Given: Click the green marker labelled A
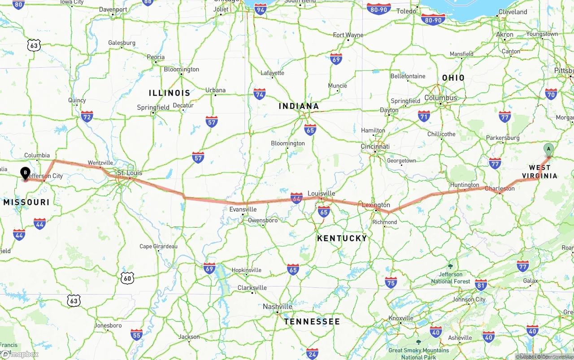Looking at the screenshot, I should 548,149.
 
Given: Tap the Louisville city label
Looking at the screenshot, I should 321,193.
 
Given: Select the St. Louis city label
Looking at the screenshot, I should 130,173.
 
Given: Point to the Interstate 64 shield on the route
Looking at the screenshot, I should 296,198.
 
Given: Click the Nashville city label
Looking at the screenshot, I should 278,306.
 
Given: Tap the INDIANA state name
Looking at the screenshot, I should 299,106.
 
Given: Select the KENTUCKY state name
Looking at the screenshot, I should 342,238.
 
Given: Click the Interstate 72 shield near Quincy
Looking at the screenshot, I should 87,117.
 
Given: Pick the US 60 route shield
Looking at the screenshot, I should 127,278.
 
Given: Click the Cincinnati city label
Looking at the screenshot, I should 375,147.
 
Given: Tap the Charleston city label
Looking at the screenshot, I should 500,188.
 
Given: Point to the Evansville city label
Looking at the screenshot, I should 243,209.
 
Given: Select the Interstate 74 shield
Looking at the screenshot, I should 259,94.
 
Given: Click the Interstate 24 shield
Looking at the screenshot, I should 313,353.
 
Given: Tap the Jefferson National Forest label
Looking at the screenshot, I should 451,278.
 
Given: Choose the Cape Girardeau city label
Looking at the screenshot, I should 158,246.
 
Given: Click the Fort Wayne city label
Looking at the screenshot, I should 348,35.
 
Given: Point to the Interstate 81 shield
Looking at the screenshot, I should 481,284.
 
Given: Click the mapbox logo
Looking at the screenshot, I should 20,354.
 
